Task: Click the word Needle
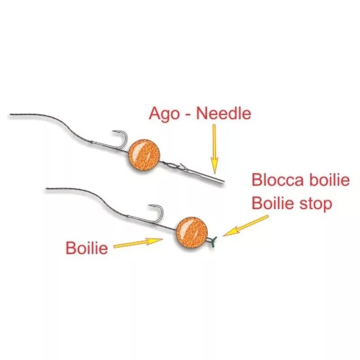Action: point(223,113)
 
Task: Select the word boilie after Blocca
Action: point(328,180)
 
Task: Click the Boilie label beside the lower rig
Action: point(87,248)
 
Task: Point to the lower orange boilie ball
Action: point(191,231)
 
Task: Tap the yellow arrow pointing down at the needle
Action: point(214,148)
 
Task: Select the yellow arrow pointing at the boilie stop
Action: point(245,225)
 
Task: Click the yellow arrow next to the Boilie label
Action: point(138,243)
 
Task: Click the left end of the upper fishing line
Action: point(11,115)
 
